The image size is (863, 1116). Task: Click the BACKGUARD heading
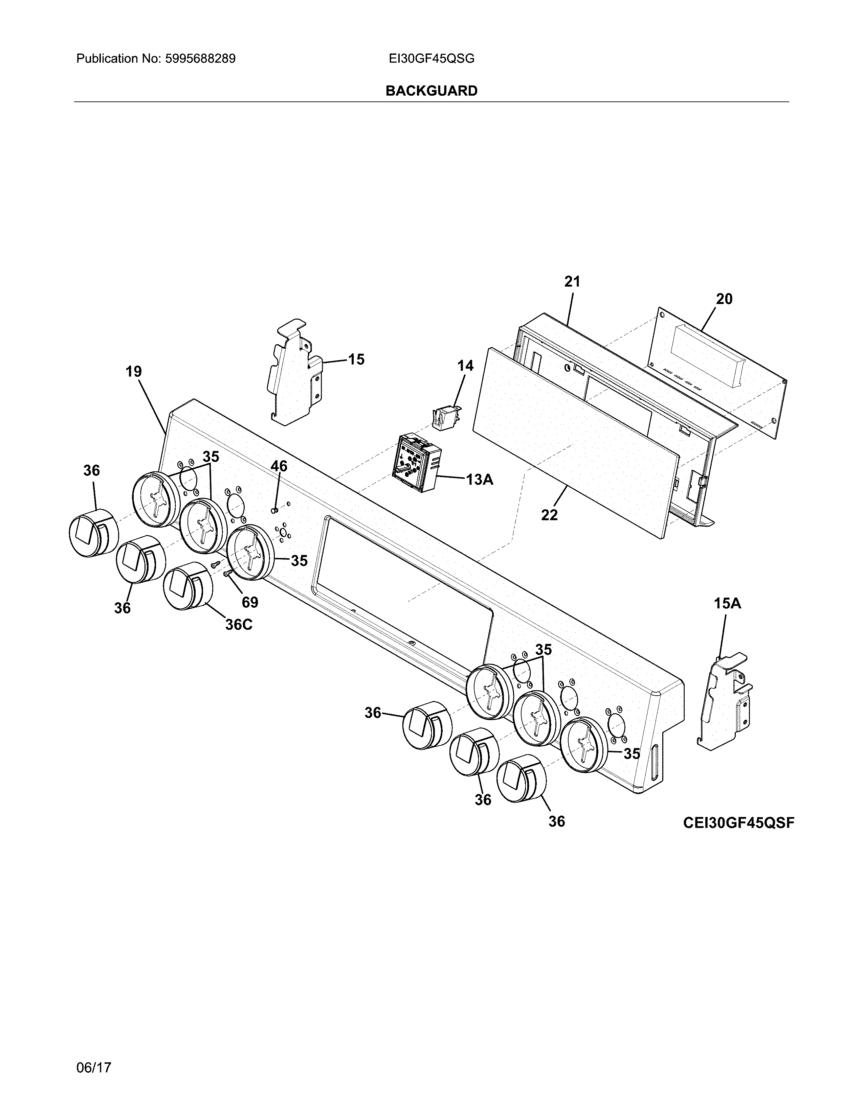click(x=431, y=91)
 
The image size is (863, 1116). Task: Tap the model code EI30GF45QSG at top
click(x=431, y=59)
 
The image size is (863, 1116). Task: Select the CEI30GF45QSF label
click(x=738, y=823)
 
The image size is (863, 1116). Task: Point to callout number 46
click(x=279, y=466)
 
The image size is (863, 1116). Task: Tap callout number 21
click(x=572, y=282)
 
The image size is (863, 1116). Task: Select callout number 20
click(x=724, y=299)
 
